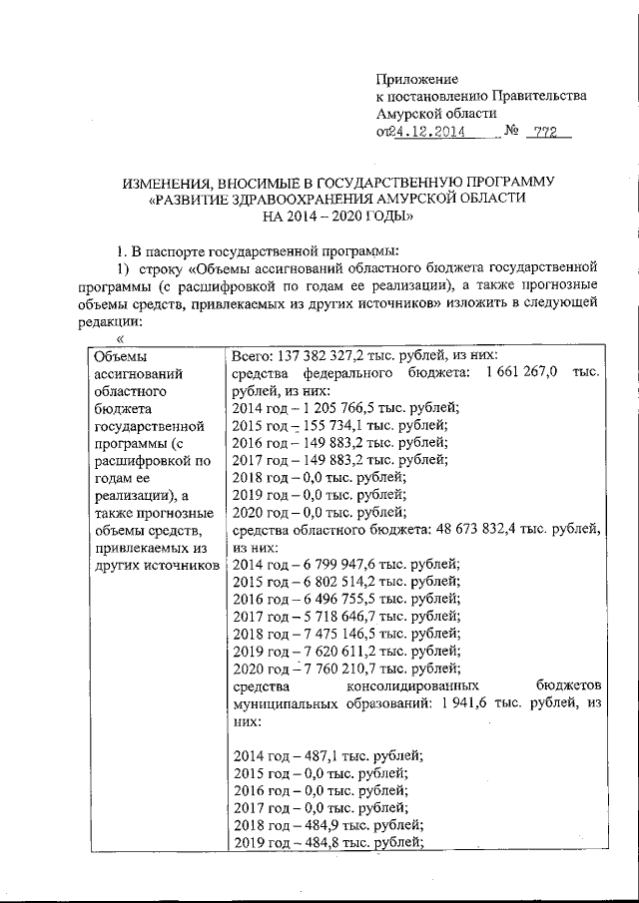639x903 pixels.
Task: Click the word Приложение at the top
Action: [x=416, y=79]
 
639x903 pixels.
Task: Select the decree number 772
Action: [x=545, y=132]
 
